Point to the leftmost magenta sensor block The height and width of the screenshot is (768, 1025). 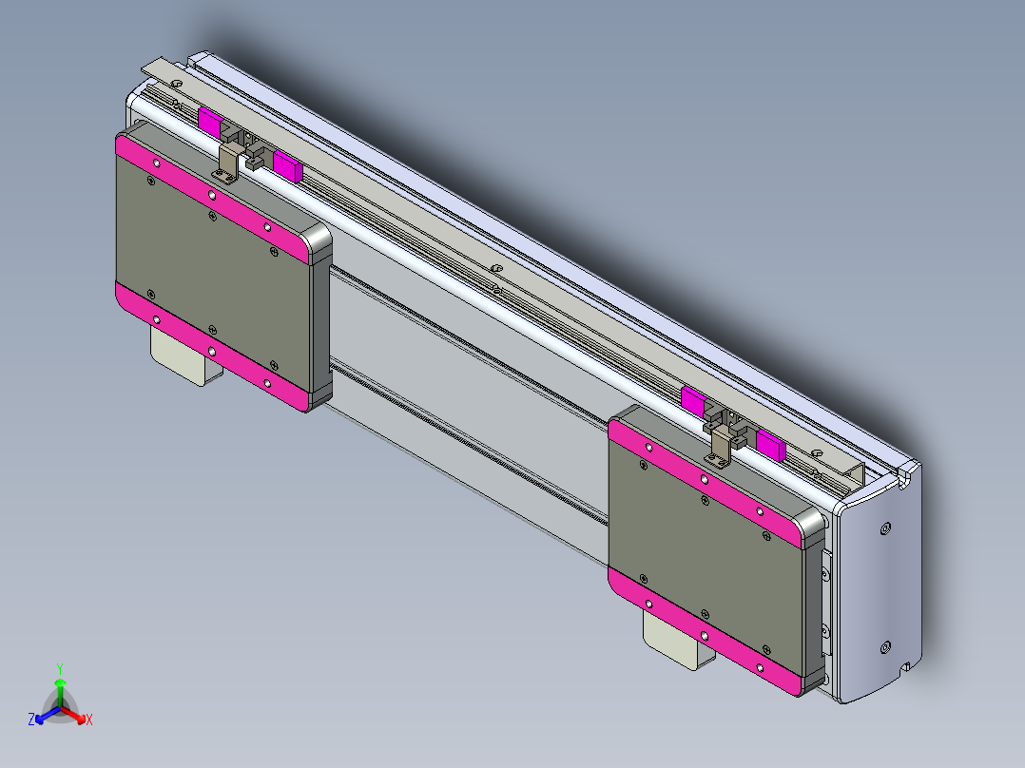[x=210, y=122]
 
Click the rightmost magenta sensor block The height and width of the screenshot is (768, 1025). [x=770, y=444]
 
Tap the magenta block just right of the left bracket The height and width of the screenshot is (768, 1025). [x=286, y=165]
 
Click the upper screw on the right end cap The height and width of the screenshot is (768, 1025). [x=886, y=528]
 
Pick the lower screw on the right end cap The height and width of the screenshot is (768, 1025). [x=886, y=646]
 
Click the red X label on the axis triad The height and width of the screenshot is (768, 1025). [x=89, y=720]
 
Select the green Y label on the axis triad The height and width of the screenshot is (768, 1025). [x=60, y=668]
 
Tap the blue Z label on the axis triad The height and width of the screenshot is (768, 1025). [x=31, y=720]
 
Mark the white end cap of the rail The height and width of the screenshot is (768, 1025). [x=880, y=589]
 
